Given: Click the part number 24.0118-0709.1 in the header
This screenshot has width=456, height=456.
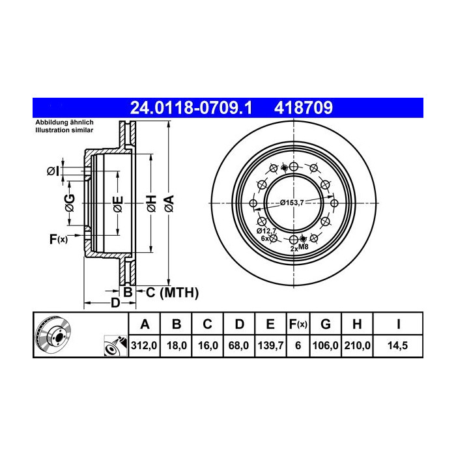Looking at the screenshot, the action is [x=192, y=108].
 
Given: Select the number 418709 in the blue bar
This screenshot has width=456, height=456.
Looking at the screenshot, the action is [x=304, y=108].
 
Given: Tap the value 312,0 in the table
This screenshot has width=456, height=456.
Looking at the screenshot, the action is [x=144, y=345].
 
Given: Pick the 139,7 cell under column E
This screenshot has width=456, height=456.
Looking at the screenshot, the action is [x=270, y=345].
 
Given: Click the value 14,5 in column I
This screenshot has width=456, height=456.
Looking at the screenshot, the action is [x=397, y=345].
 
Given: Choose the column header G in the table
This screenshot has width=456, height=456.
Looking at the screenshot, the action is [x=326, y=324].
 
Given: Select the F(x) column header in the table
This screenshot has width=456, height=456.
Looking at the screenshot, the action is [x=298, y=324].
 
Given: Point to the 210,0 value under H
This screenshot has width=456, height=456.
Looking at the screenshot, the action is [x=358, y=345].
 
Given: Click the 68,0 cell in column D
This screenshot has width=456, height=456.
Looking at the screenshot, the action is [x=239, y=345].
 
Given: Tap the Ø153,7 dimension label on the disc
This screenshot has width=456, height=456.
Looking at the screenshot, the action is [x=292, y=203].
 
